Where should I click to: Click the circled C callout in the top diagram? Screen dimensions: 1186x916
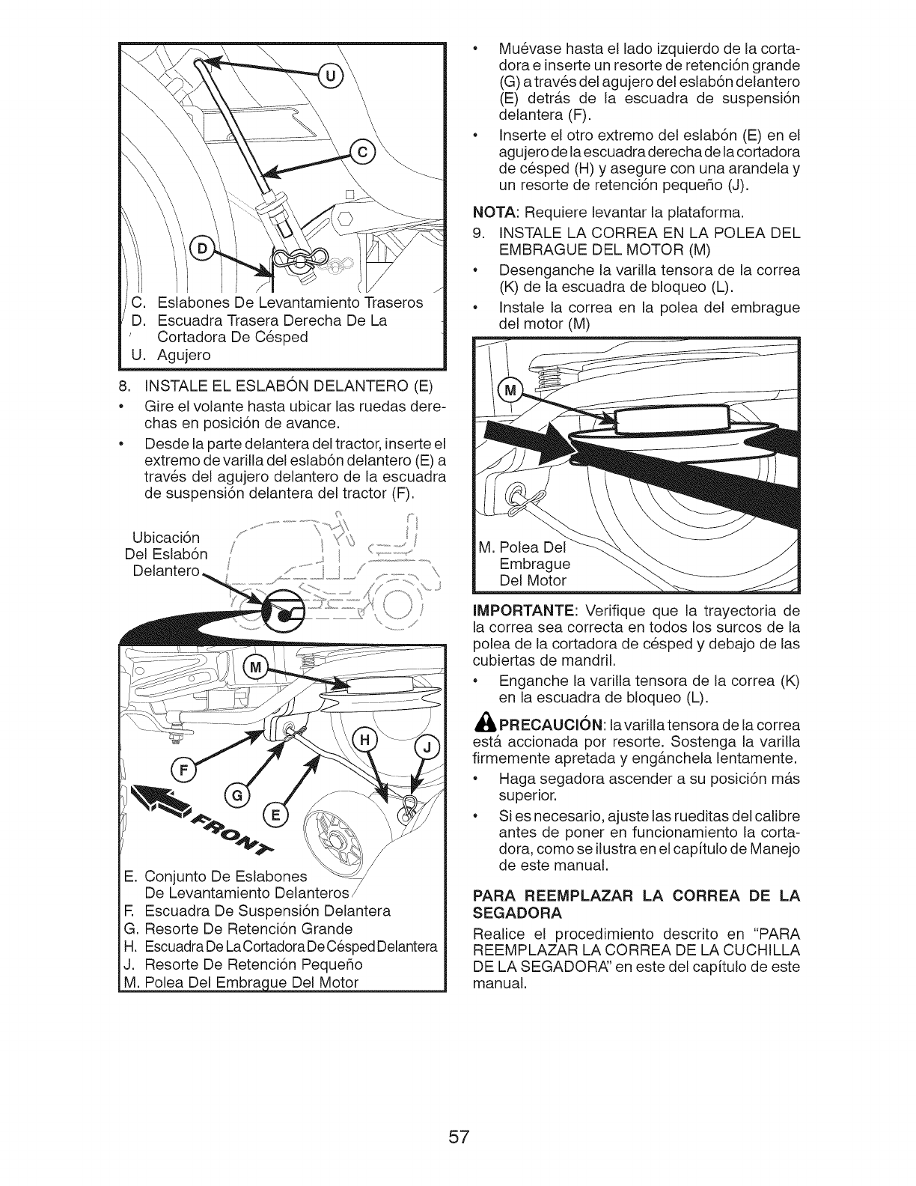[364, 154]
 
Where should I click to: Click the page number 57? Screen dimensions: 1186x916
[459, 1116]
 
